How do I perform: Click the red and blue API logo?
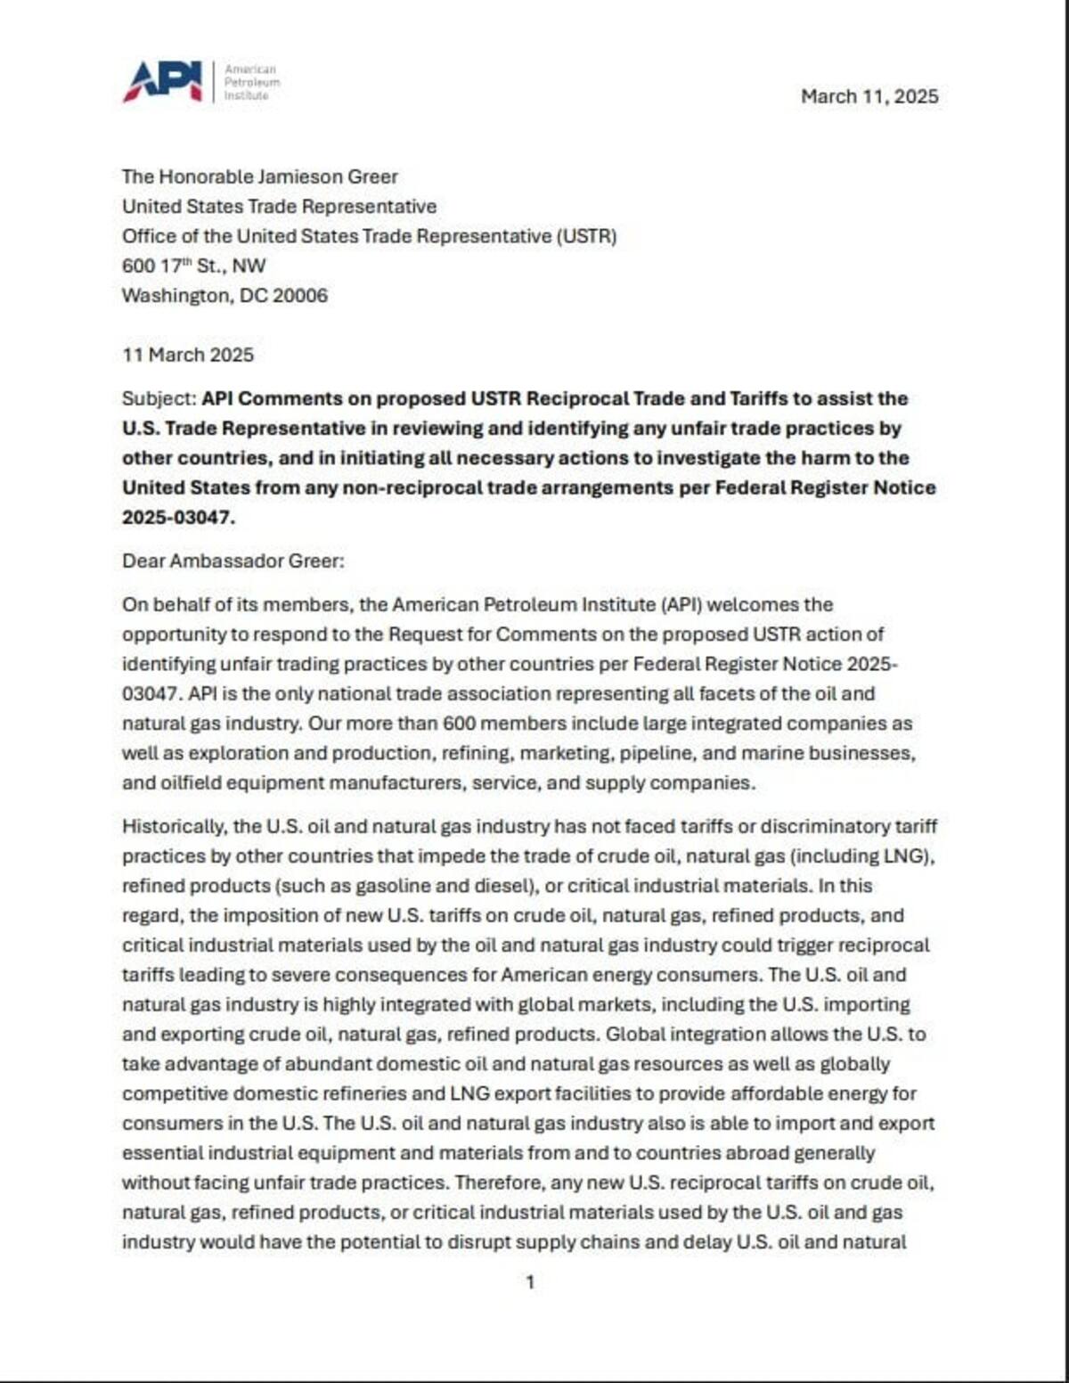(163, 81)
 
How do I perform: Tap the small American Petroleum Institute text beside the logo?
(251, 82)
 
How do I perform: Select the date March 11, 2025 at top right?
(869, 96)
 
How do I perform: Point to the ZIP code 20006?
(300, 295)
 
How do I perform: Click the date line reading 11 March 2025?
(188, 355)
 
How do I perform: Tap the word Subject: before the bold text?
(159, 398)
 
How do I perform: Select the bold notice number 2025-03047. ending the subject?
(178, 517)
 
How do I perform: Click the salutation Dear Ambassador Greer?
(233, 561)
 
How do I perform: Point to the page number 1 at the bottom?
(531, 1282)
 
